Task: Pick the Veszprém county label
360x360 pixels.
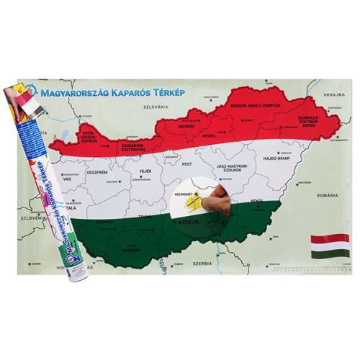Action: click(x=96, y=174)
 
